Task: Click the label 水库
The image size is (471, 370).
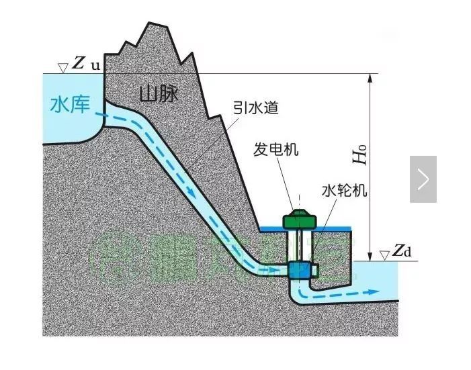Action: tap(70, 105)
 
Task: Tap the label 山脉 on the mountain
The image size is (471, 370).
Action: tap(159, 93)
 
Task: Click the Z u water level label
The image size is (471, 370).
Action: tap(85, 65)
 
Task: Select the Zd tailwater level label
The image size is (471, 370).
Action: tap(401, 252)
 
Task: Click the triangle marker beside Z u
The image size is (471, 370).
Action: tap(62, 67)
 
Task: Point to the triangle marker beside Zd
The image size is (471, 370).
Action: tap(384, 255)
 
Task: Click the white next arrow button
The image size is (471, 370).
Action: tap(423, 179)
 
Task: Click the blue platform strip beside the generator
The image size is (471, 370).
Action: tap(332, 229)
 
